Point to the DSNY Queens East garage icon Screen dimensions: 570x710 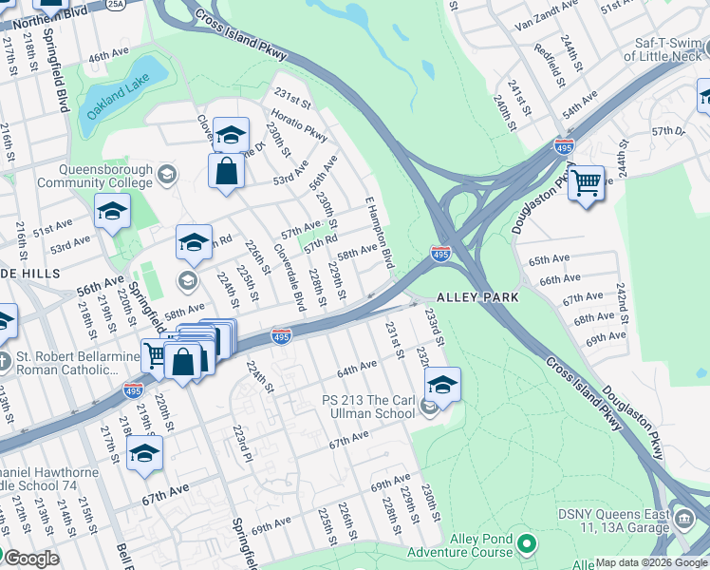point(684,520)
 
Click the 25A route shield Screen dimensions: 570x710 point(116,5)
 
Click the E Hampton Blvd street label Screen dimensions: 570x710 point(380,231)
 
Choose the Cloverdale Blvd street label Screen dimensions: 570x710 point(289,276)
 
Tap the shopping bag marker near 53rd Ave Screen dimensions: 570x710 point(227,173)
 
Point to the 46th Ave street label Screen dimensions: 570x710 point(108,57)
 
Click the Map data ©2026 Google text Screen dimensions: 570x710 point(651,562)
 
